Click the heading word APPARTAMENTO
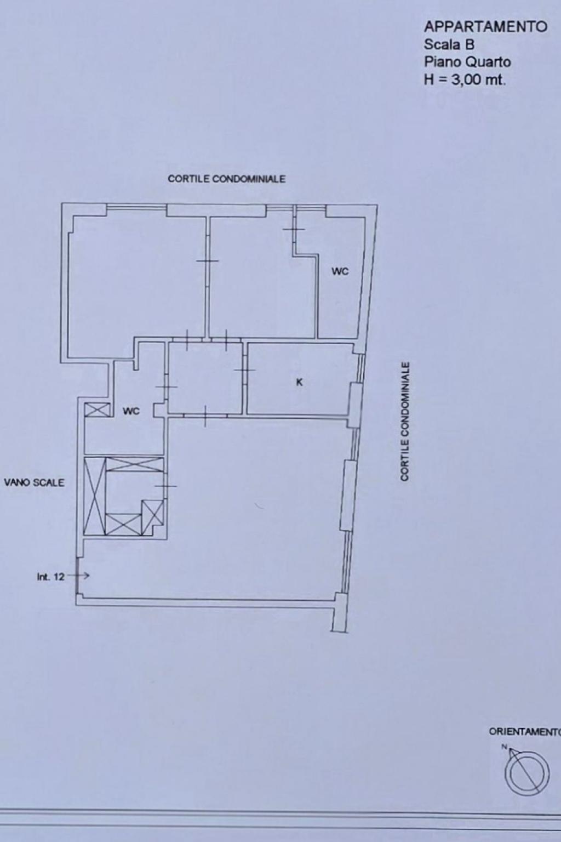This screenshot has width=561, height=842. (485, 27)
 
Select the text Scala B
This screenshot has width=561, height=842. (449, 44)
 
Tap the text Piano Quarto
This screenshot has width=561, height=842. (467, 61)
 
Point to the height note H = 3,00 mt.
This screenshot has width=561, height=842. (465, 79)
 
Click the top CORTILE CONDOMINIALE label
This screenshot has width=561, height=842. (227, 179)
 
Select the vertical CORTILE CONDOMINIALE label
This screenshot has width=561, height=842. (405, 422)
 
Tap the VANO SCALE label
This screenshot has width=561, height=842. (34, 482)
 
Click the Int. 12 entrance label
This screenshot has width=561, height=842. (51, 577)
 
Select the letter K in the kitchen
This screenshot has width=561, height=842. (300, 382)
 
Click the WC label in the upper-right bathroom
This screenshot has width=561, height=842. (340, 271)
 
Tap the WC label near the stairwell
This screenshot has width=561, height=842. (131, 411)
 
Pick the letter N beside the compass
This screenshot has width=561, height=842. (505, 747)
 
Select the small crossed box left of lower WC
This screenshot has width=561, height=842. (97, 409)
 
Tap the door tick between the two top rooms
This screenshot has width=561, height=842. (207, 261)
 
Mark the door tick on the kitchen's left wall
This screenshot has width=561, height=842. (244, 370)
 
